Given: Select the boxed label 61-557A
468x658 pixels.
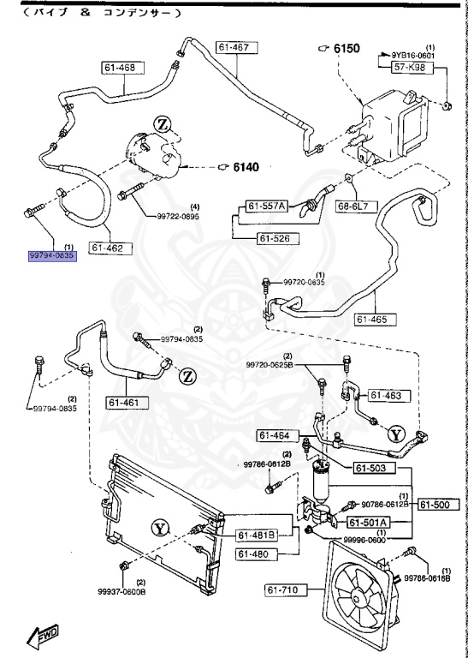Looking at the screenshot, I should pyautogui.click(x=268, y=206).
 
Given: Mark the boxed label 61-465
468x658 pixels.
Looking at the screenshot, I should pyautogui.click(x=374, y=320).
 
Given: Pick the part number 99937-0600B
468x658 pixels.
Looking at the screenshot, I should pyautogui.click(x=122, y=589).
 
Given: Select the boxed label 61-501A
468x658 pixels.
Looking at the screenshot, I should pyautogui.click(x=369, y=522).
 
